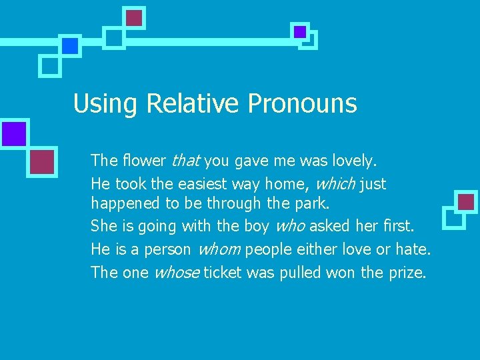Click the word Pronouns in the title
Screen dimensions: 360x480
coord(302,104)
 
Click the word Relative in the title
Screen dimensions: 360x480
coord(192,104)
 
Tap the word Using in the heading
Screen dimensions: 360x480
coord(105,104)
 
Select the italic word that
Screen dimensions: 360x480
coord(186,161)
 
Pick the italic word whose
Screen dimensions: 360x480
coord(176,272)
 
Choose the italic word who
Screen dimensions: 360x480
coord(289,226)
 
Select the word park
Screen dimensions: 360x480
coord(313,203)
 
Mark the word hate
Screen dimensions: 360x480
coord(414,249)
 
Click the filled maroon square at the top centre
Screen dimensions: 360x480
coord(135,18)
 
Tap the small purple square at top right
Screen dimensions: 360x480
coord(300,31)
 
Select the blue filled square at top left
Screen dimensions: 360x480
coord(69,45)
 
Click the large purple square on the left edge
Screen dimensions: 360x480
coord(13,133)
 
